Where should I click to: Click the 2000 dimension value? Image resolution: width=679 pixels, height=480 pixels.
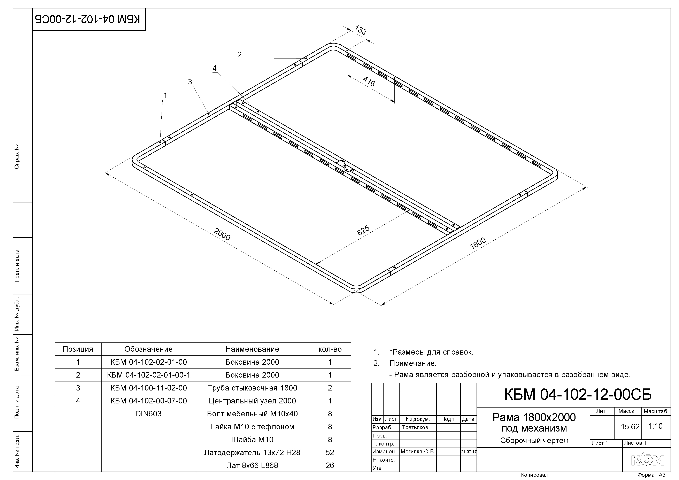[x=222, y=234]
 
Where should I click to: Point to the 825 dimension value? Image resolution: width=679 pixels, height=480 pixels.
[x=363, y=230]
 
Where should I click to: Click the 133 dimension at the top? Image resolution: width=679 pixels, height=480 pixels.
[x=361, y=30]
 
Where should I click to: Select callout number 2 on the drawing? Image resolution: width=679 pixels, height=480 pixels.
[x=239, y=54]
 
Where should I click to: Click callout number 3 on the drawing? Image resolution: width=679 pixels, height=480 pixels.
[x=190, y=82]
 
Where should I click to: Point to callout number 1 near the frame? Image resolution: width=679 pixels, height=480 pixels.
[x=165, y=95]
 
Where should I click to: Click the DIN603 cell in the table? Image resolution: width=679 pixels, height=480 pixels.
[x=148, y=413]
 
